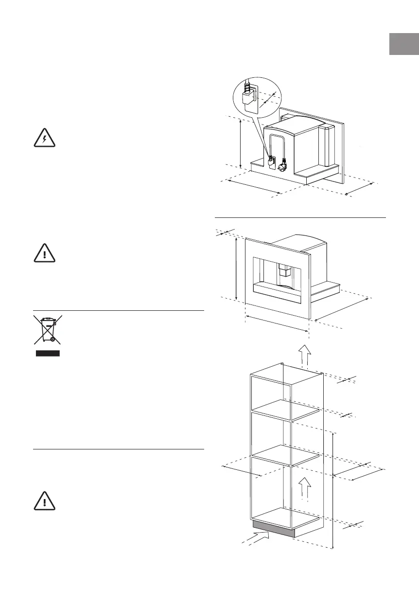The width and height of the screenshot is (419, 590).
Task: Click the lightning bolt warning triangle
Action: (45, 138)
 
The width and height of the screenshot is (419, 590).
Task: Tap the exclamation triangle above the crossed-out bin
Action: (45, 252)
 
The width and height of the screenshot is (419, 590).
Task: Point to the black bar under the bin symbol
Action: (47, 353)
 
